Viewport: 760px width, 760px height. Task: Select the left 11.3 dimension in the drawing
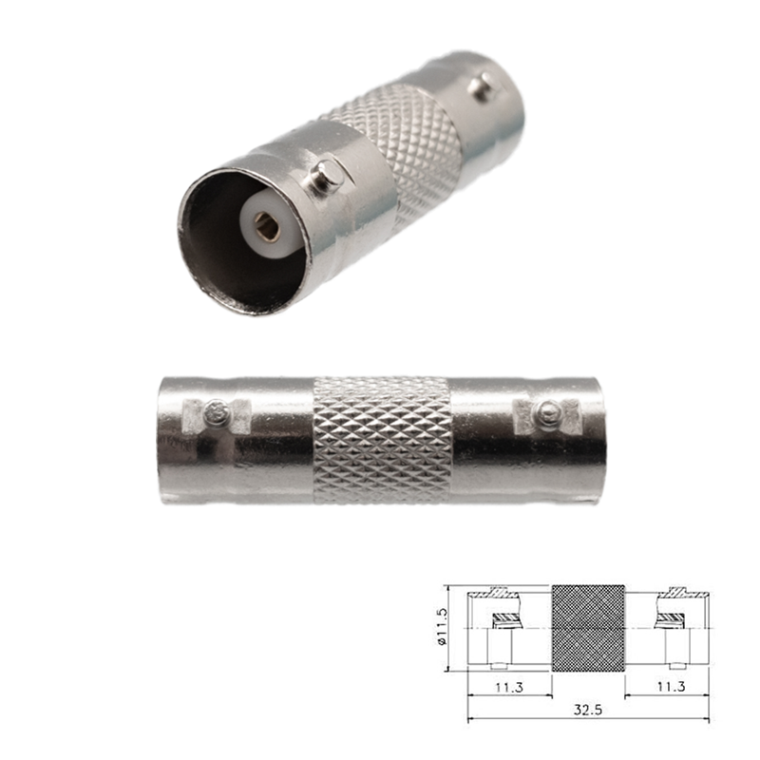509,685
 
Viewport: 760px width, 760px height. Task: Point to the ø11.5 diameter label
443,628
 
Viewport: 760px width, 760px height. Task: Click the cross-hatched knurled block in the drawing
588,628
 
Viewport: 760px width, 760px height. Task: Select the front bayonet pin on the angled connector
326,178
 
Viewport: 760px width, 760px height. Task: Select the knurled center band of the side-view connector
382,439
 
